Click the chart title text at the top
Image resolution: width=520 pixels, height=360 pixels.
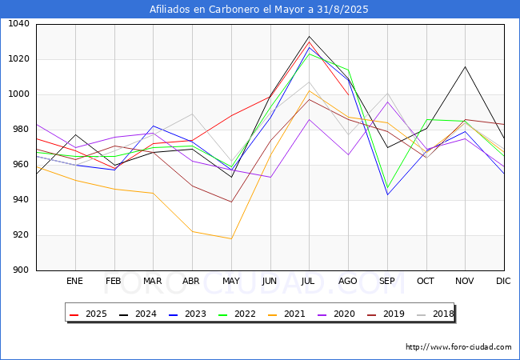click(258, 10)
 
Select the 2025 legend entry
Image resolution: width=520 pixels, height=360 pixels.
click(88, 314)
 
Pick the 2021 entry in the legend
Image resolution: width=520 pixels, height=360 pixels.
click(286, 314)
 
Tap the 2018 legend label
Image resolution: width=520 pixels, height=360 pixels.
click(434, 314)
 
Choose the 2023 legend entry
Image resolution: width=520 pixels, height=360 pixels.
click(187, 314)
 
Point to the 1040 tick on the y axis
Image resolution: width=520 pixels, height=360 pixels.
click(18, 23)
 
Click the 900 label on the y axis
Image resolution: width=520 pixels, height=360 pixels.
click(21, 270)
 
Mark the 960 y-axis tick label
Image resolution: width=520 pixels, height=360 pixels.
click(21, 165)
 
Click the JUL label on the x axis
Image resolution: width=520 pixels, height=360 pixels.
click(308, 281)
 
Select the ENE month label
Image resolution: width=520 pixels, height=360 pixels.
click(74, 281)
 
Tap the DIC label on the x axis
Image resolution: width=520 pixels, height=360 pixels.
click(503, 281)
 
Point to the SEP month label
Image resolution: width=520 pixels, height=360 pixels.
click(386, 281)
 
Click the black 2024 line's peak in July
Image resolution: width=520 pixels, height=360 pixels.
click(309, 36)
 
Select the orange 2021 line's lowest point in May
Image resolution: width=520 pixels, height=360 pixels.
click(231, 238)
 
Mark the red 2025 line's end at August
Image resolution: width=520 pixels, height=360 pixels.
click(348, 95)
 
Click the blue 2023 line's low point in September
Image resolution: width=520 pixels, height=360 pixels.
click(387, 194)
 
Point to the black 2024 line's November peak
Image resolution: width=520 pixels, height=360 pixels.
click(466, 66)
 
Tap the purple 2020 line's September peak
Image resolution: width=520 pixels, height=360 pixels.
click(387, 102)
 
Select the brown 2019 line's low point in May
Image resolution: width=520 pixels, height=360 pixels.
click(231, 202)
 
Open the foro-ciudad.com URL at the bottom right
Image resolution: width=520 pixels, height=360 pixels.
click(458, 347)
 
